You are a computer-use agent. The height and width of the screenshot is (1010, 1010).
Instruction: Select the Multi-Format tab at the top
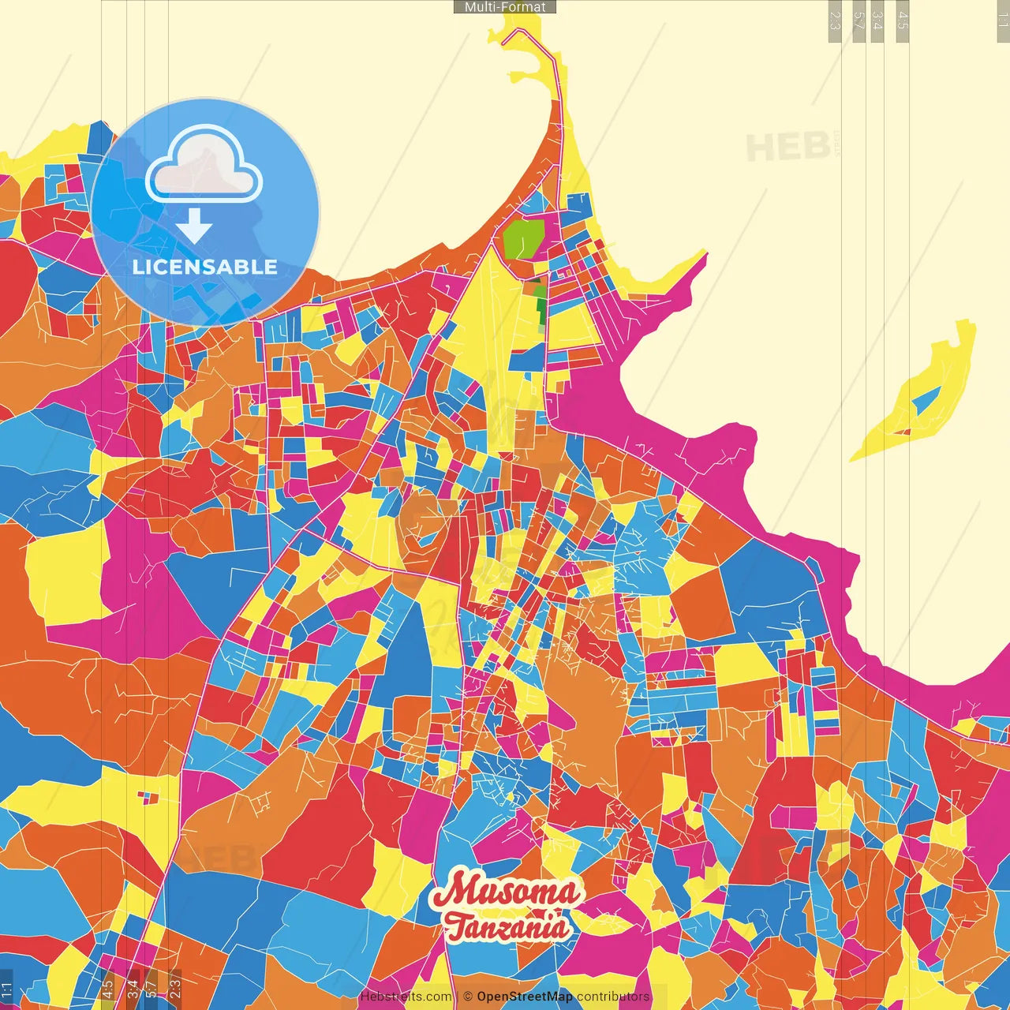505,7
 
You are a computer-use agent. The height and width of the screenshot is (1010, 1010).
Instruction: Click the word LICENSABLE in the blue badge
205,267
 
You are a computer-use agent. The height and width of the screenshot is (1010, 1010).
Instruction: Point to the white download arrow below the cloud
194,226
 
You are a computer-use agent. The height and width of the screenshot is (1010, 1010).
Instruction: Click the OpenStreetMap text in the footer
524,997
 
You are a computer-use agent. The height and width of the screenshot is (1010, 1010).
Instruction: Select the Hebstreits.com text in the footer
406,997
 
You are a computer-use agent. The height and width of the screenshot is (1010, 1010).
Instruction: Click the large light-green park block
523,237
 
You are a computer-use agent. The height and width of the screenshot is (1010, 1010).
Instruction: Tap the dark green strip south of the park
540,304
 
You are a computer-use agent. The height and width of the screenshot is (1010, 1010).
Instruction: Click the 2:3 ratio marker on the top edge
835,21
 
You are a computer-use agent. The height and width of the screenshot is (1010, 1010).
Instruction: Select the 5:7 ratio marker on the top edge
858,21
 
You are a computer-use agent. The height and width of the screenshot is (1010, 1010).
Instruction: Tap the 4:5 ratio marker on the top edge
903,21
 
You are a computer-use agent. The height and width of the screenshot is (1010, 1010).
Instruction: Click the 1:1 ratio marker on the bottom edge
7,989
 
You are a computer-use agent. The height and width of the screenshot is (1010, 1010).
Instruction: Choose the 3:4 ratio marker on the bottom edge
132,988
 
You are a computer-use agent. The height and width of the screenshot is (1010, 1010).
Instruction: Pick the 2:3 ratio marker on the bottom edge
175,988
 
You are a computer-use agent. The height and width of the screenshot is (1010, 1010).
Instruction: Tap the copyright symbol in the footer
468,997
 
